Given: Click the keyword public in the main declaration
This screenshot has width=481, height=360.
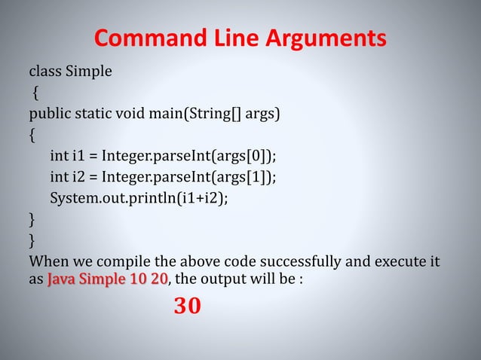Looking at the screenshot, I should pyautogui.click(x=47, y=114).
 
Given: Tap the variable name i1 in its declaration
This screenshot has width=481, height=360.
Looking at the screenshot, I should pyautogui.click(x=77, y=157).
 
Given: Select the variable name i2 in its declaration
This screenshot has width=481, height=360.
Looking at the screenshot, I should pyautogui.click(x=77, y=178).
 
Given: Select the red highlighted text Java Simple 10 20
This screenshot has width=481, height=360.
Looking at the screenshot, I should pyautogui.click(x=108, y=281).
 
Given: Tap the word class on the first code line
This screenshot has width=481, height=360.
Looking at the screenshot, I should pyautogui.click(x=44, y=72).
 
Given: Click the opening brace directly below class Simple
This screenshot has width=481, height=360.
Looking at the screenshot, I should pyautogui.click(x=35, y=94).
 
